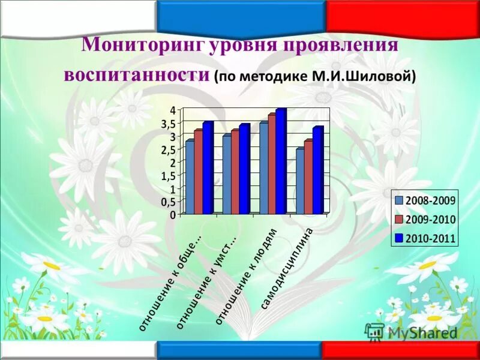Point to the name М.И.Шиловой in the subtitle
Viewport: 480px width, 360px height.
[x=377, y=77]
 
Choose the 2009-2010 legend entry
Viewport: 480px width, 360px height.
[x=424, y=220]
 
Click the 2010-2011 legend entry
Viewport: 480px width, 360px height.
[x=424, y=239]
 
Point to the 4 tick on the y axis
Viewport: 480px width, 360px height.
[x=172, y=110]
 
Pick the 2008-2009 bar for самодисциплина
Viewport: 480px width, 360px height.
[x=299, y=182]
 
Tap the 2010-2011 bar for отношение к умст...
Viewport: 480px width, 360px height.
[x=244, y=170]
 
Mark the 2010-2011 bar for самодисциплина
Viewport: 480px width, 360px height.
[x=317, y=171]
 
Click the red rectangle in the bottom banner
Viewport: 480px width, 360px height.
[x=401, y=350]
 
